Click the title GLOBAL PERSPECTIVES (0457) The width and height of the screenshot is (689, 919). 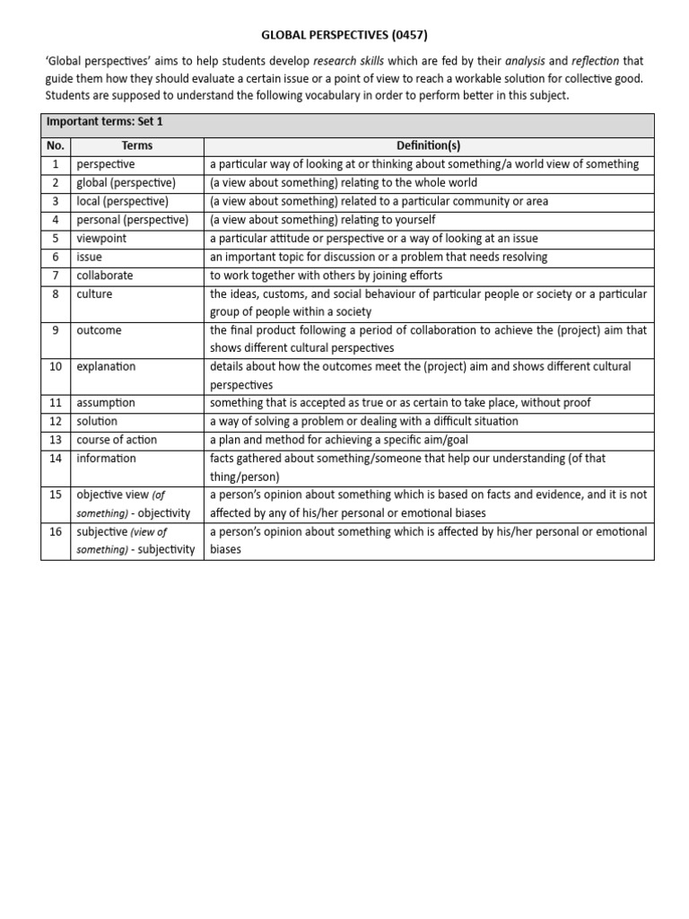pos(344,36)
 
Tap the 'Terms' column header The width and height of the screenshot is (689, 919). pos(136,145)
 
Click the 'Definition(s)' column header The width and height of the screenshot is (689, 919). pos(428,145)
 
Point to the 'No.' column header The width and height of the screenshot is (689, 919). pos(56,145)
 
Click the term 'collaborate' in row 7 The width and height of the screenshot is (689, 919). pos(105,276)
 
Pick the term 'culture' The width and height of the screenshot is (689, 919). pos(94,294)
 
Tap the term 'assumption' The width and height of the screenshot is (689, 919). pos(106,403)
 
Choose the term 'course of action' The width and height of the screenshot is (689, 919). pos(117,440)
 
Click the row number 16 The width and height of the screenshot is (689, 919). pos(56,532)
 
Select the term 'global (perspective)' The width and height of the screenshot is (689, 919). pos(126,183)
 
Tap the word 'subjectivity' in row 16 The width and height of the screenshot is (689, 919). pos(166,550)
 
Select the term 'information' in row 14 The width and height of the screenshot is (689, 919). pos(107,459)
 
